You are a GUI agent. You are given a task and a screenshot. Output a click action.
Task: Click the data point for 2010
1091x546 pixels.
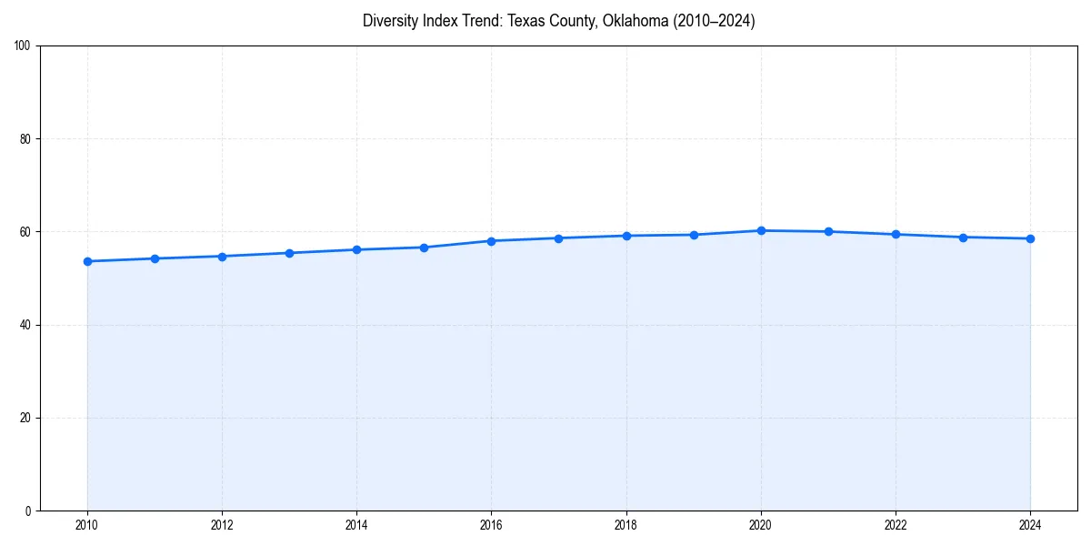[x=87, y=261]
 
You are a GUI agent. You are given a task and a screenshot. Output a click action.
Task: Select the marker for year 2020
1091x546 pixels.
[x=761, y=230]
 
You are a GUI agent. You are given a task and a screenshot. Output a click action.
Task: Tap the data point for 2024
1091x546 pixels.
[x=1030, y=238]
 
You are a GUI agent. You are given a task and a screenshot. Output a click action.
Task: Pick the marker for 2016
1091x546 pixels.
[x=491, y=241]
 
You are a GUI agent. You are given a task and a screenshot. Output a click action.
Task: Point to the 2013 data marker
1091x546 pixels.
[x=289, y=253]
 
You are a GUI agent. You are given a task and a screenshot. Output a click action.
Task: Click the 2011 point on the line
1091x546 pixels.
[x=155, y=258]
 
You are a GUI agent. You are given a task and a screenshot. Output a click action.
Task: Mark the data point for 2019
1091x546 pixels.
[x=694, y=235]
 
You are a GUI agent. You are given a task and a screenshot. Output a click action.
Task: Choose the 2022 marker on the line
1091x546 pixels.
[x=896, y=234]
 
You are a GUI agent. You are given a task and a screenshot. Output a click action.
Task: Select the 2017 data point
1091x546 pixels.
[x=558, y=238]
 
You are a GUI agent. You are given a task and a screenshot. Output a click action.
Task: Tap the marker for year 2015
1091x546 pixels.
[x=424, y=248]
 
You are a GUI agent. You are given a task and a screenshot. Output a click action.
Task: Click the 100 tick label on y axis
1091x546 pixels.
[x=23, y=45]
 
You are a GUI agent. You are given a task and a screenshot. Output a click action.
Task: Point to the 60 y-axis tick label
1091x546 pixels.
[x=25, y=232]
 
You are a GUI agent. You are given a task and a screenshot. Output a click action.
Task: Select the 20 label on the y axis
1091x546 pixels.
[x=25, y=418]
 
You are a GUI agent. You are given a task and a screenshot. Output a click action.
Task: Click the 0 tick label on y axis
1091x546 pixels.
[x=28, y=511]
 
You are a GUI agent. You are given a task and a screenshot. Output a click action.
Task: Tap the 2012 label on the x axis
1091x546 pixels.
[x=222, y=525]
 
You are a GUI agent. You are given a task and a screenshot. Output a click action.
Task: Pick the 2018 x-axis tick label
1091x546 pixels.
[x=626, y=525]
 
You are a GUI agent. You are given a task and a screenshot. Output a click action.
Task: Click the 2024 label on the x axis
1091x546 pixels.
[x=1030, y=525]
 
